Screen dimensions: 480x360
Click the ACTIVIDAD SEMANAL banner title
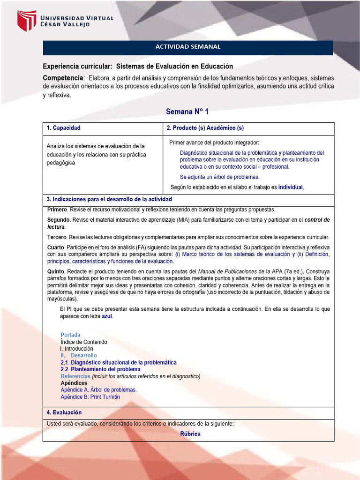click(x=187, y=47)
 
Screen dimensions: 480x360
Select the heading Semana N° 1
click(x=187, y=112)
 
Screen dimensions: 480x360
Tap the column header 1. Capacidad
click(x=64, y=128)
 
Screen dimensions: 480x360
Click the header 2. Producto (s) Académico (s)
click(x=205, y=128)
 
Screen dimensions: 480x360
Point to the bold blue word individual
click(x=291, y=187)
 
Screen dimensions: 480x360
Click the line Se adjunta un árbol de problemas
click(x=219, y=177)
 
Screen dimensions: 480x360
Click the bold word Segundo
click(x=59, y=220)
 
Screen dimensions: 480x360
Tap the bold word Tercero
click(x=58, y=237)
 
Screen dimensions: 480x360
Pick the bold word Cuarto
click(x=56, y=247)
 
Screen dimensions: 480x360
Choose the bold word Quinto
click(x=56, y=271)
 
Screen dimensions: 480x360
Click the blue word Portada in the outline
click(x=70, y=335)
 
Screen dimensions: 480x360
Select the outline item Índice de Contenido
click(x=84, y=342)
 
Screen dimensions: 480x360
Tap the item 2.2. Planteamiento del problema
click(x=100, y=369)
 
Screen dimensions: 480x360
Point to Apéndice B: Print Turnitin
click(x=90, y=397)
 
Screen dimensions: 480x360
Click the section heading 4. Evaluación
click(x=64, y=412)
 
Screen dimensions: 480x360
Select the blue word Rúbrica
click(x=190, y=434)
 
